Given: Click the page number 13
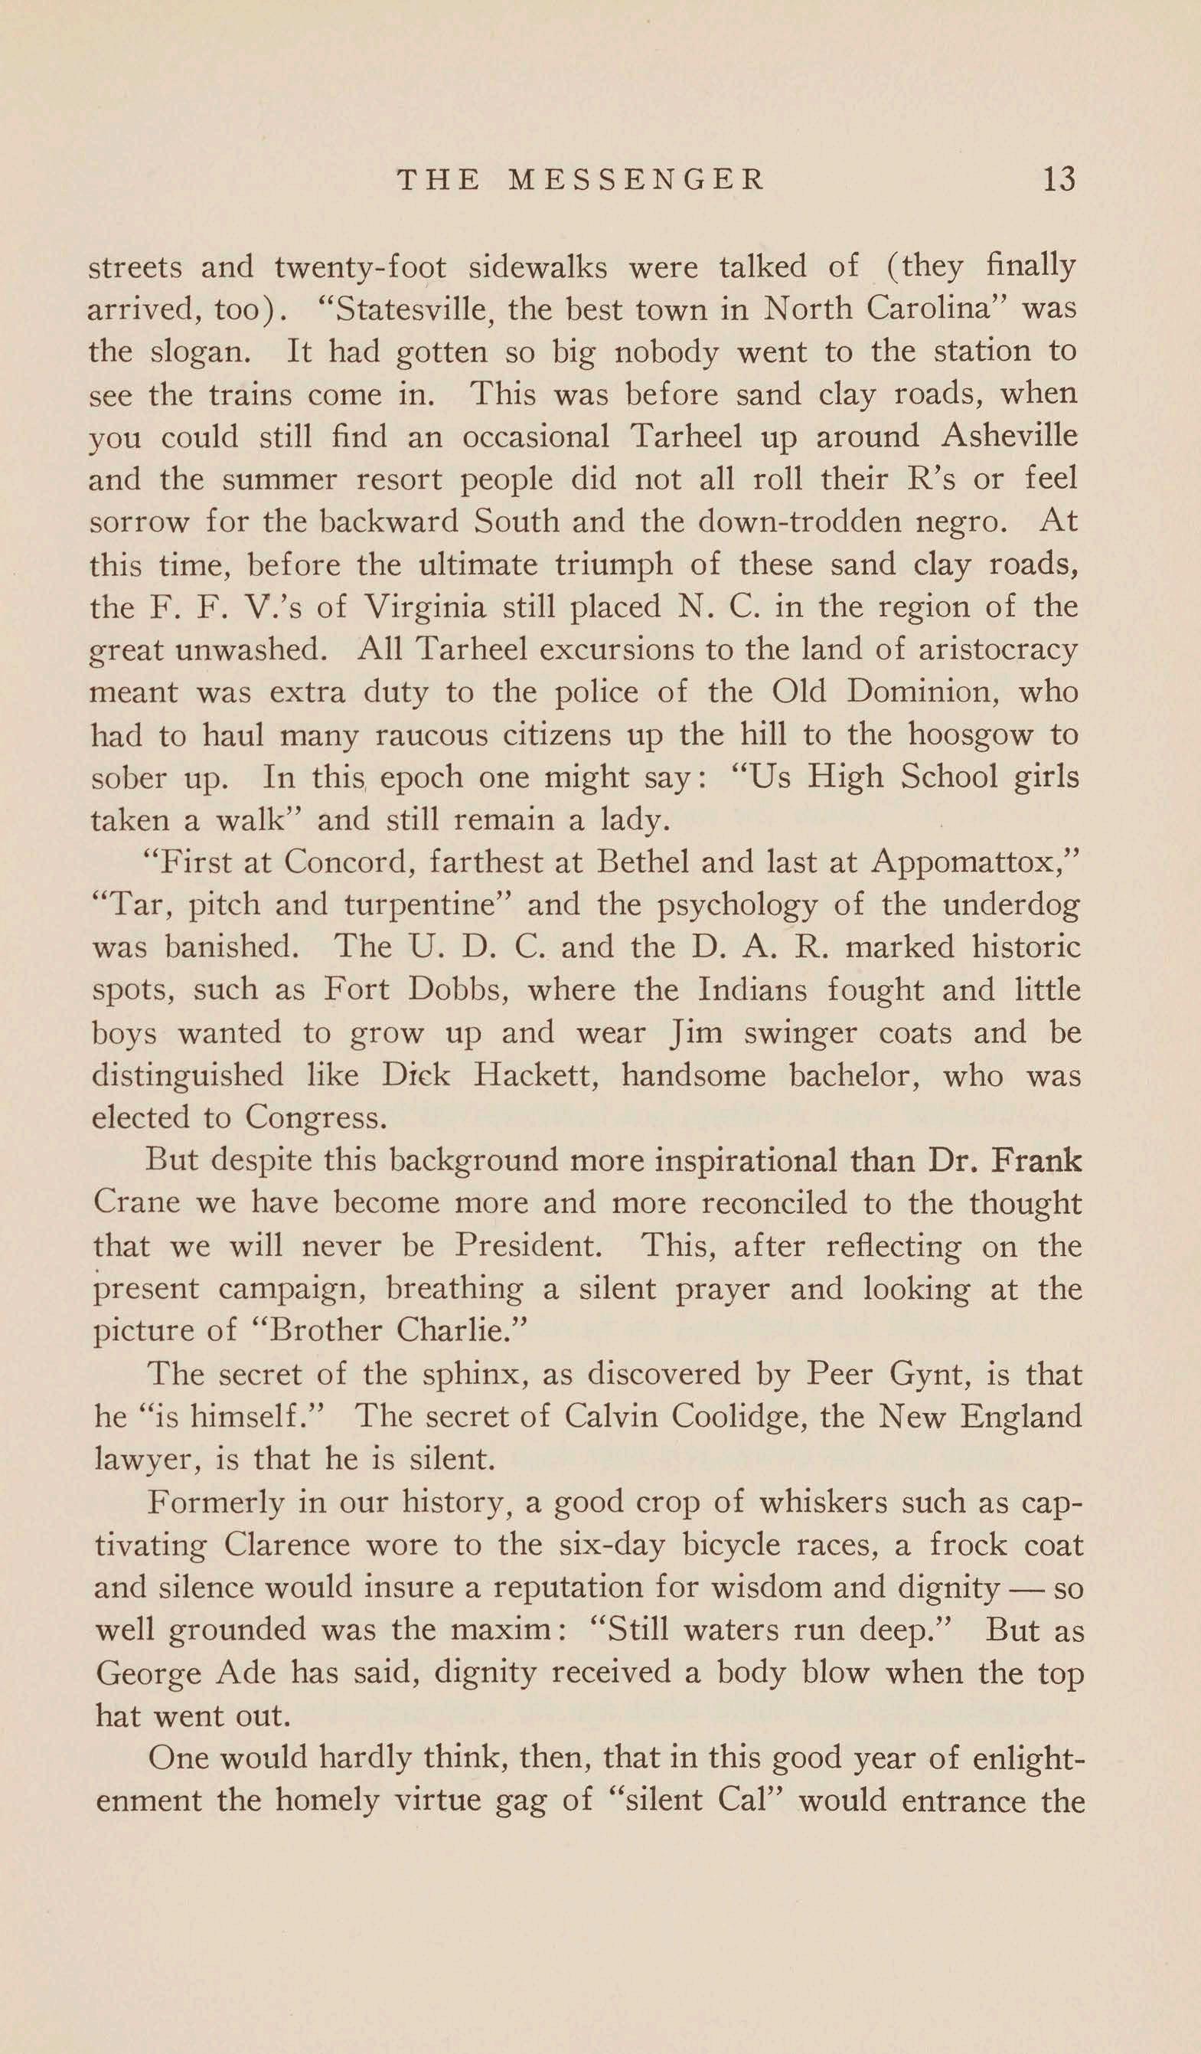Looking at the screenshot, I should tap(1059, 178).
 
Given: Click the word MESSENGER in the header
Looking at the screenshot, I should tap(635, 179).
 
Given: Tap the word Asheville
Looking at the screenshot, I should tap(1009, 436).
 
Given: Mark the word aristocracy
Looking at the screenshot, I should tap(997, 649).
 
